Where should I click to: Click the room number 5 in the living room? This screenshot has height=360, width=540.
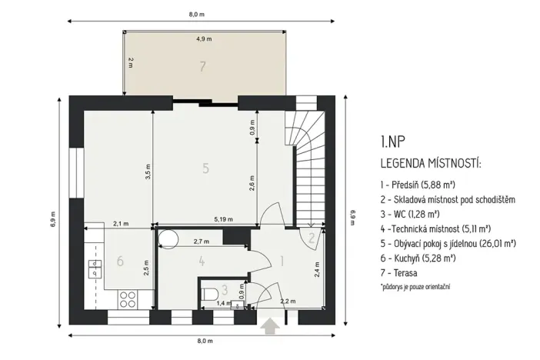coord(205,168)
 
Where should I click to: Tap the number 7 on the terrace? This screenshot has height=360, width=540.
coord(202,67)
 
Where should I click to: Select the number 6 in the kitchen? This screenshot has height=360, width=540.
coord(120,262)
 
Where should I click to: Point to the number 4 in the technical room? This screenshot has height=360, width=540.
coord(202,262)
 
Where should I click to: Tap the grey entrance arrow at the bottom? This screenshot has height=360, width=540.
coord(269,326)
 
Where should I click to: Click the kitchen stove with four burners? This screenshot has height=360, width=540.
coord(128,297)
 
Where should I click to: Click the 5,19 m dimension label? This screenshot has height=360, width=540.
coord(224,221)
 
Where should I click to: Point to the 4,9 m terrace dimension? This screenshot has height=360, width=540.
coord(203,38)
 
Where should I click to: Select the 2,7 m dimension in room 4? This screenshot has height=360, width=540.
coord(202,241)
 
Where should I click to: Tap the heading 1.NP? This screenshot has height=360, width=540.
coord(392,142)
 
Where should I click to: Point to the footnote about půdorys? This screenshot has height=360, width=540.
coord(415,286)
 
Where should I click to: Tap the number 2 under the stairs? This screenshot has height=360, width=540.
coord(311,238)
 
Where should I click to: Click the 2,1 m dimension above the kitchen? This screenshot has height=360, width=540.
coord(121,223)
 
